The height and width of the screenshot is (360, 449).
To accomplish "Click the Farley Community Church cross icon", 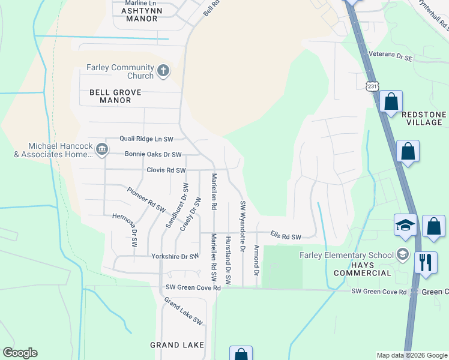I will [162, 72].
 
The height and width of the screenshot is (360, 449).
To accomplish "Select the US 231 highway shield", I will [373, 87].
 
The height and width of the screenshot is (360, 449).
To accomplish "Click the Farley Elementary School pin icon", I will [402, 254].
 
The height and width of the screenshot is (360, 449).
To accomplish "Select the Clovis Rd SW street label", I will [166, 170].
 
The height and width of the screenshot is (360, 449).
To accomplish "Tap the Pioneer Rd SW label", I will [146, 200].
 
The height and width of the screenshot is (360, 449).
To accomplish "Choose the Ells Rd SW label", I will [285, 237].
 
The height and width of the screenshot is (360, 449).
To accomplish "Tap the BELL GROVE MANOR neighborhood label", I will [115, 97].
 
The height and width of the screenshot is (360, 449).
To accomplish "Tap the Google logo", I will [20, 353].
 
